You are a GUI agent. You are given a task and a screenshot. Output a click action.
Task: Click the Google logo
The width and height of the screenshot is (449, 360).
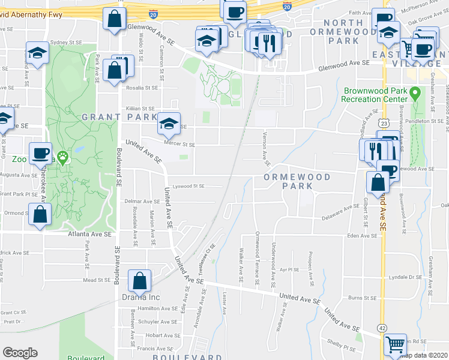coord(20,353)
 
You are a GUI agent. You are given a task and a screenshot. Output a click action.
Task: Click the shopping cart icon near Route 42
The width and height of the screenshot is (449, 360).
coord(396,344)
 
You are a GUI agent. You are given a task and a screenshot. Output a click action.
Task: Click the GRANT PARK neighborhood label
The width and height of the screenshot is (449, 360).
coord(119,116)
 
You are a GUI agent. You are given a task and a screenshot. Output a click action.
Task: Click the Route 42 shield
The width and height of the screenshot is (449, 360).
coord(382,328)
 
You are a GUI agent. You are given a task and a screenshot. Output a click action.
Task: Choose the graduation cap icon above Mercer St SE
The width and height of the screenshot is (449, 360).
coord(169,124)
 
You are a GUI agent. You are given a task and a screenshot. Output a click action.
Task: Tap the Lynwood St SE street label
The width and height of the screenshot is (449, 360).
coord(188,186)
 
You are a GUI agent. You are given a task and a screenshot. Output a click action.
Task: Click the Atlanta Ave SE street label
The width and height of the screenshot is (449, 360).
coord(89,234)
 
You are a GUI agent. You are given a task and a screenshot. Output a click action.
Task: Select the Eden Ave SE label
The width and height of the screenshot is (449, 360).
coord(361,236)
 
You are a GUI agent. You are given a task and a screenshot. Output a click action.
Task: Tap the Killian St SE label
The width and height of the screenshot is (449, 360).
coord(140,108)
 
